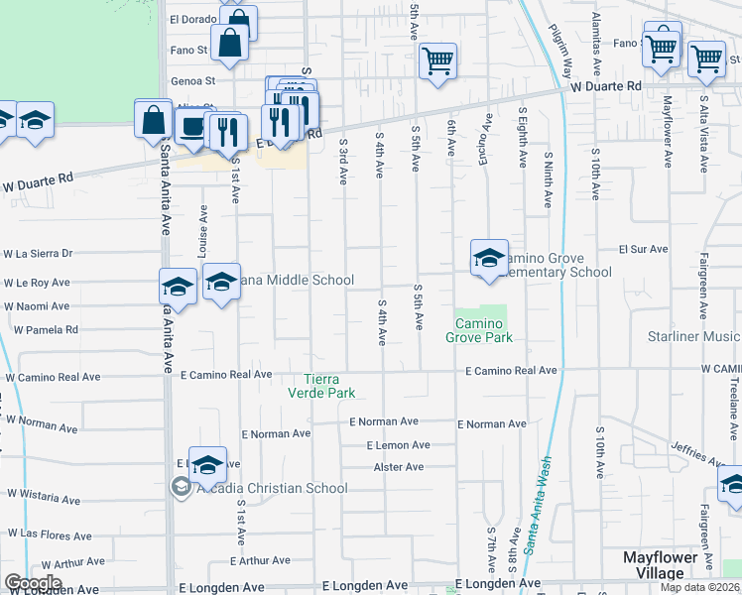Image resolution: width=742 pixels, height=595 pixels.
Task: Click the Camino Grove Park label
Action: pyautogui.click(x=484, y=331)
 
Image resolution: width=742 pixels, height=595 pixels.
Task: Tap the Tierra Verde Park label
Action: pyautogui.click(x=328, y=386)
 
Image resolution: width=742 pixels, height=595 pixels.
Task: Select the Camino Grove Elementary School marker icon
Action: pyautogui.click(x=488, y=258)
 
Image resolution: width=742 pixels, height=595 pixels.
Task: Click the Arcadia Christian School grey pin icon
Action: pyautogui.click(x=181, y=487)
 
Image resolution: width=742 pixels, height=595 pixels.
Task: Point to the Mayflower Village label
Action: pyautogui.click(x=668, y=564)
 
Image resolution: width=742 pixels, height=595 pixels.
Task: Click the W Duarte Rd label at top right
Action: pyautogui.click(x=606, y=87)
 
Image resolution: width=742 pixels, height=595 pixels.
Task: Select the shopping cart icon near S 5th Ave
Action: pyautogui.click(x=436, y=60)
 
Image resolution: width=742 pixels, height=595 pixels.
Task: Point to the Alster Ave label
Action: pyautogui.click(x=399, y=467)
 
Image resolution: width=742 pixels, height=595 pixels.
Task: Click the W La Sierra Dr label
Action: pyautogui.click(x=40, y=254)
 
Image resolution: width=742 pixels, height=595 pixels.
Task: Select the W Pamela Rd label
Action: pyautogui.click(x=46, y=329)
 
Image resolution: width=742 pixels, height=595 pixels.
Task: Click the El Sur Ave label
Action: pyautogui.click(x=639, y=250)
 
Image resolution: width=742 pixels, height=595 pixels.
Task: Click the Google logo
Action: pyautogui.click(x=33, y=582)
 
